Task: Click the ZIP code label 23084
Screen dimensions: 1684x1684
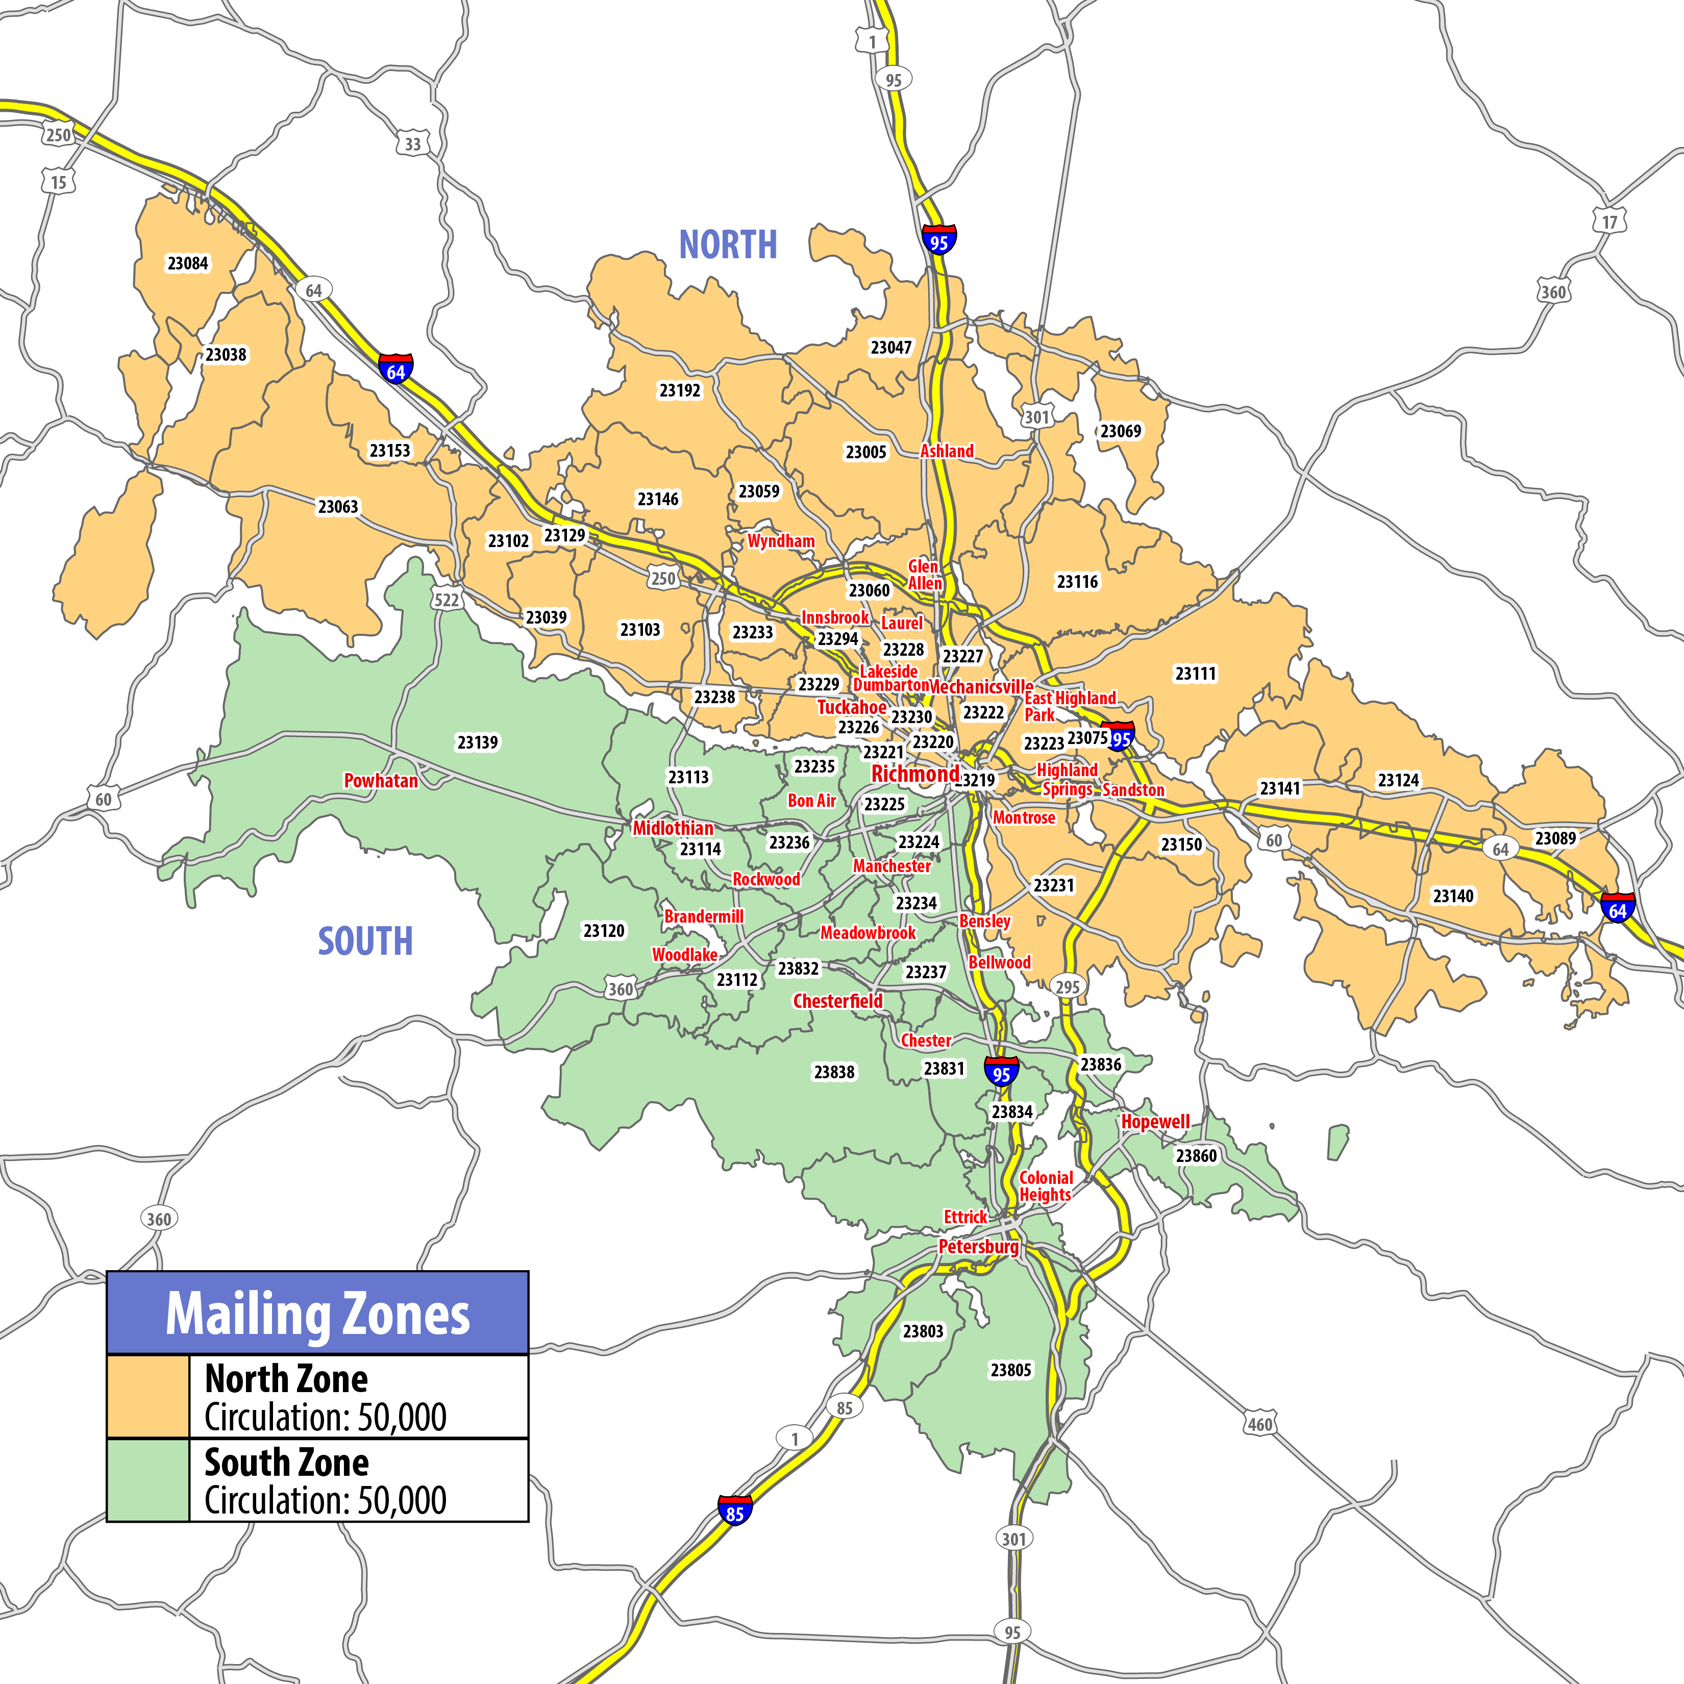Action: (x=187, y=263)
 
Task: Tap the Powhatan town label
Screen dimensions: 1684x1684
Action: (x=381, y=781)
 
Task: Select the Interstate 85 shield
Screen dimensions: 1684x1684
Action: (x=735, y=1513)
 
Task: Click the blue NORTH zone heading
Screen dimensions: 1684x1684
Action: (x=728, y=245)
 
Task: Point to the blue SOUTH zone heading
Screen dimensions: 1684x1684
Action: (x=365, y=942)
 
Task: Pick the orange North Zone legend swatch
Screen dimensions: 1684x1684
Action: (x=147, y=1396)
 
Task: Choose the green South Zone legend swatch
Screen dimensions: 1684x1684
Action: (x=147, y=1480)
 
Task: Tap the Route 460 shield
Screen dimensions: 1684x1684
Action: (x=1259, y=1424)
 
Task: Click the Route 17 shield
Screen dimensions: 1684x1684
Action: (x=1609, y=221)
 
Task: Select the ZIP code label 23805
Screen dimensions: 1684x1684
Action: (x=1010, y=1370)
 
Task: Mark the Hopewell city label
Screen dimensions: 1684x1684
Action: (x=1155, y=1122)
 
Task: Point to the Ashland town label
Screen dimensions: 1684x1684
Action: (x=947, y=451)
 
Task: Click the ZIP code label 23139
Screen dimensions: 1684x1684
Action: (x=478, y=742)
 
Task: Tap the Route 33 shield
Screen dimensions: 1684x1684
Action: (x=413, y=144)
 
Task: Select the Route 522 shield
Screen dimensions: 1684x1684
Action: (x=447, y=600)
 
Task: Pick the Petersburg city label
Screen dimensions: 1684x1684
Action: (x=978, y=1247)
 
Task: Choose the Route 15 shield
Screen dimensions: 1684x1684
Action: (x=58, y=182)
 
